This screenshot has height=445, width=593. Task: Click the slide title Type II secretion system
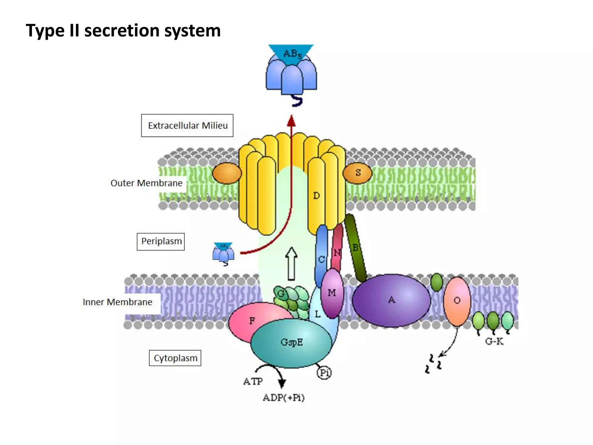coord(123,30)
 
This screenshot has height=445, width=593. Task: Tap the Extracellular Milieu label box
coord(187,125)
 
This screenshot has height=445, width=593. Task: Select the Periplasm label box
coord(161,241)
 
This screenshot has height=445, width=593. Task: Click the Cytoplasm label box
coord(175,358)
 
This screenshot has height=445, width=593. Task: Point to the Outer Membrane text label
coord(146,183)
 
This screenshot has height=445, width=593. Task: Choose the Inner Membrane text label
coord(117,302)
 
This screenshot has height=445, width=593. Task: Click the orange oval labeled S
coord(358,173)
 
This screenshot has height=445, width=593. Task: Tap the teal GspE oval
coord(291,343)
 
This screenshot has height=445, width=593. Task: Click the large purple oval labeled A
coord(391,300)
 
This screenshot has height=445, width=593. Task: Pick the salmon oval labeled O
coord(457,301)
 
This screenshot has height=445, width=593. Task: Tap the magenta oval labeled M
coord(332,293)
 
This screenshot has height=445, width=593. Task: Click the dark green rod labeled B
coord(356,248)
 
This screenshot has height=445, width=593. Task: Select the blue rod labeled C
coord(321,256)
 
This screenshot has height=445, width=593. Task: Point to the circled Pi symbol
coord(324,373)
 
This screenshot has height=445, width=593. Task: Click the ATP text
coord(253,382)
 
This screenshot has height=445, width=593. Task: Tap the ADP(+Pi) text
coord(283,397)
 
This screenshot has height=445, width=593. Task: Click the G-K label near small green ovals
coord(494,342)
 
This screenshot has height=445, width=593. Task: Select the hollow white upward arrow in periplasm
coord(291,264)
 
